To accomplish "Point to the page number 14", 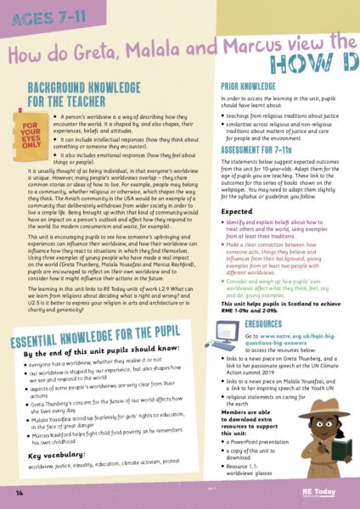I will tap(18, 491).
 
